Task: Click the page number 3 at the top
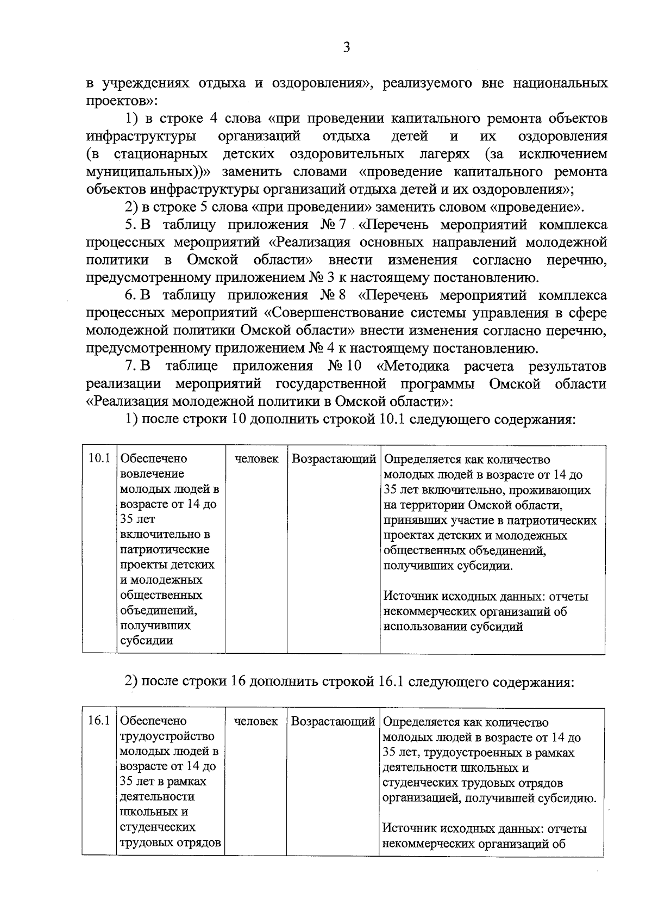(x=347, y=47)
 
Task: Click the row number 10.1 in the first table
(x=99, y=459)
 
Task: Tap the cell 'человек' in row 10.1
(x=256, y=459)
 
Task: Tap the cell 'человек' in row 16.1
(x=256, y=721)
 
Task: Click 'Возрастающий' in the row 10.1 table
(x=334, y=459)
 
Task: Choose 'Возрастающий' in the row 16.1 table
(x=333, y=721)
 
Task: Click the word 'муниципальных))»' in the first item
(x=148, y=172)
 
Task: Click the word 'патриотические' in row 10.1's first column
(x=164, y=549)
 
